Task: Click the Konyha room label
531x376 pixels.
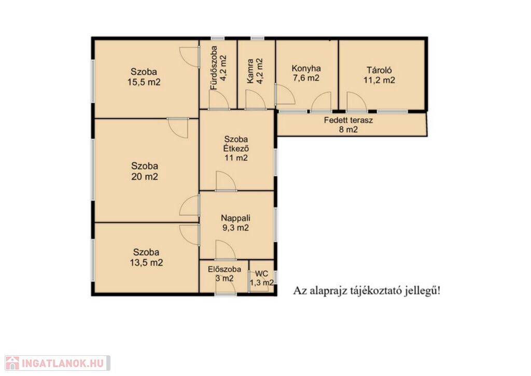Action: point(306,68)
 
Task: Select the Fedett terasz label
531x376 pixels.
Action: point(348,120)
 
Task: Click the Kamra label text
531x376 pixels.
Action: point(250,71)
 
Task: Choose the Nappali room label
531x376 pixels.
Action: point(236,218)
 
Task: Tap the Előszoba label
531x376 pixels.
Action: point(225,269)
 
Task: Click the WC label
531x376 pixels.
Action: point(262,274)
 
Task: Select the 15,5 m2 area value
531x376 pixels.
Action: point(144,82)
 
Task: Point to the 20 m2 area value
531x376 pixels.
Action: point(145,176)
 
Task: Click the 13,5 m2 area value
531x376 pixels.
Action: point(146,262)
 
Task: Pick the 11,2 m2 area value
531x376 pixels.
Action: point(379,80)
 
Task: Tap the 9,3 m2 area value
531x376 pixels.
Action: point(236,228)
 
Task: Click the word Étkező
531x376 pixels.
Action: point(236,148)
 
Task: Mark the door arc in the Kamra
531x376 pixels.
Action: point(255,100)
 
